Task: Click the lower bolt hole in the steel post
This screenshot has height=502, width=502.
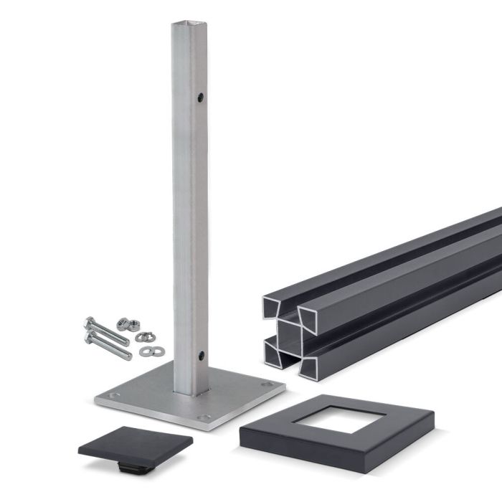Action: click(x=202, y=355)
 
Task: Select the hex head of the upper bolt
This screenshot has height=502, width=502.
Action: click(x=89, y=323)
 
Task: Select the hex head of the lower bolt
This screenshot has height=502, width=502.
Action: click(x=90, y=336)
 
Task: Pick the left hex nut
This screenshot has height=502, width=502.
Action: click(x=123, y=324)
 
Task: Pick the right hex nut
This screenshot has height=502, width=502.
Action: click(x=137, y=326)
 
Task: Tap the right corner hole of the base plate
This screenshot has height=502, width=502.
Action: click(x=268, y=385)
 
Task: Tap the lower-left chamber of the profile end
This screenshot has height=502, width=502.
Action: click(x=274, y=351)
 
